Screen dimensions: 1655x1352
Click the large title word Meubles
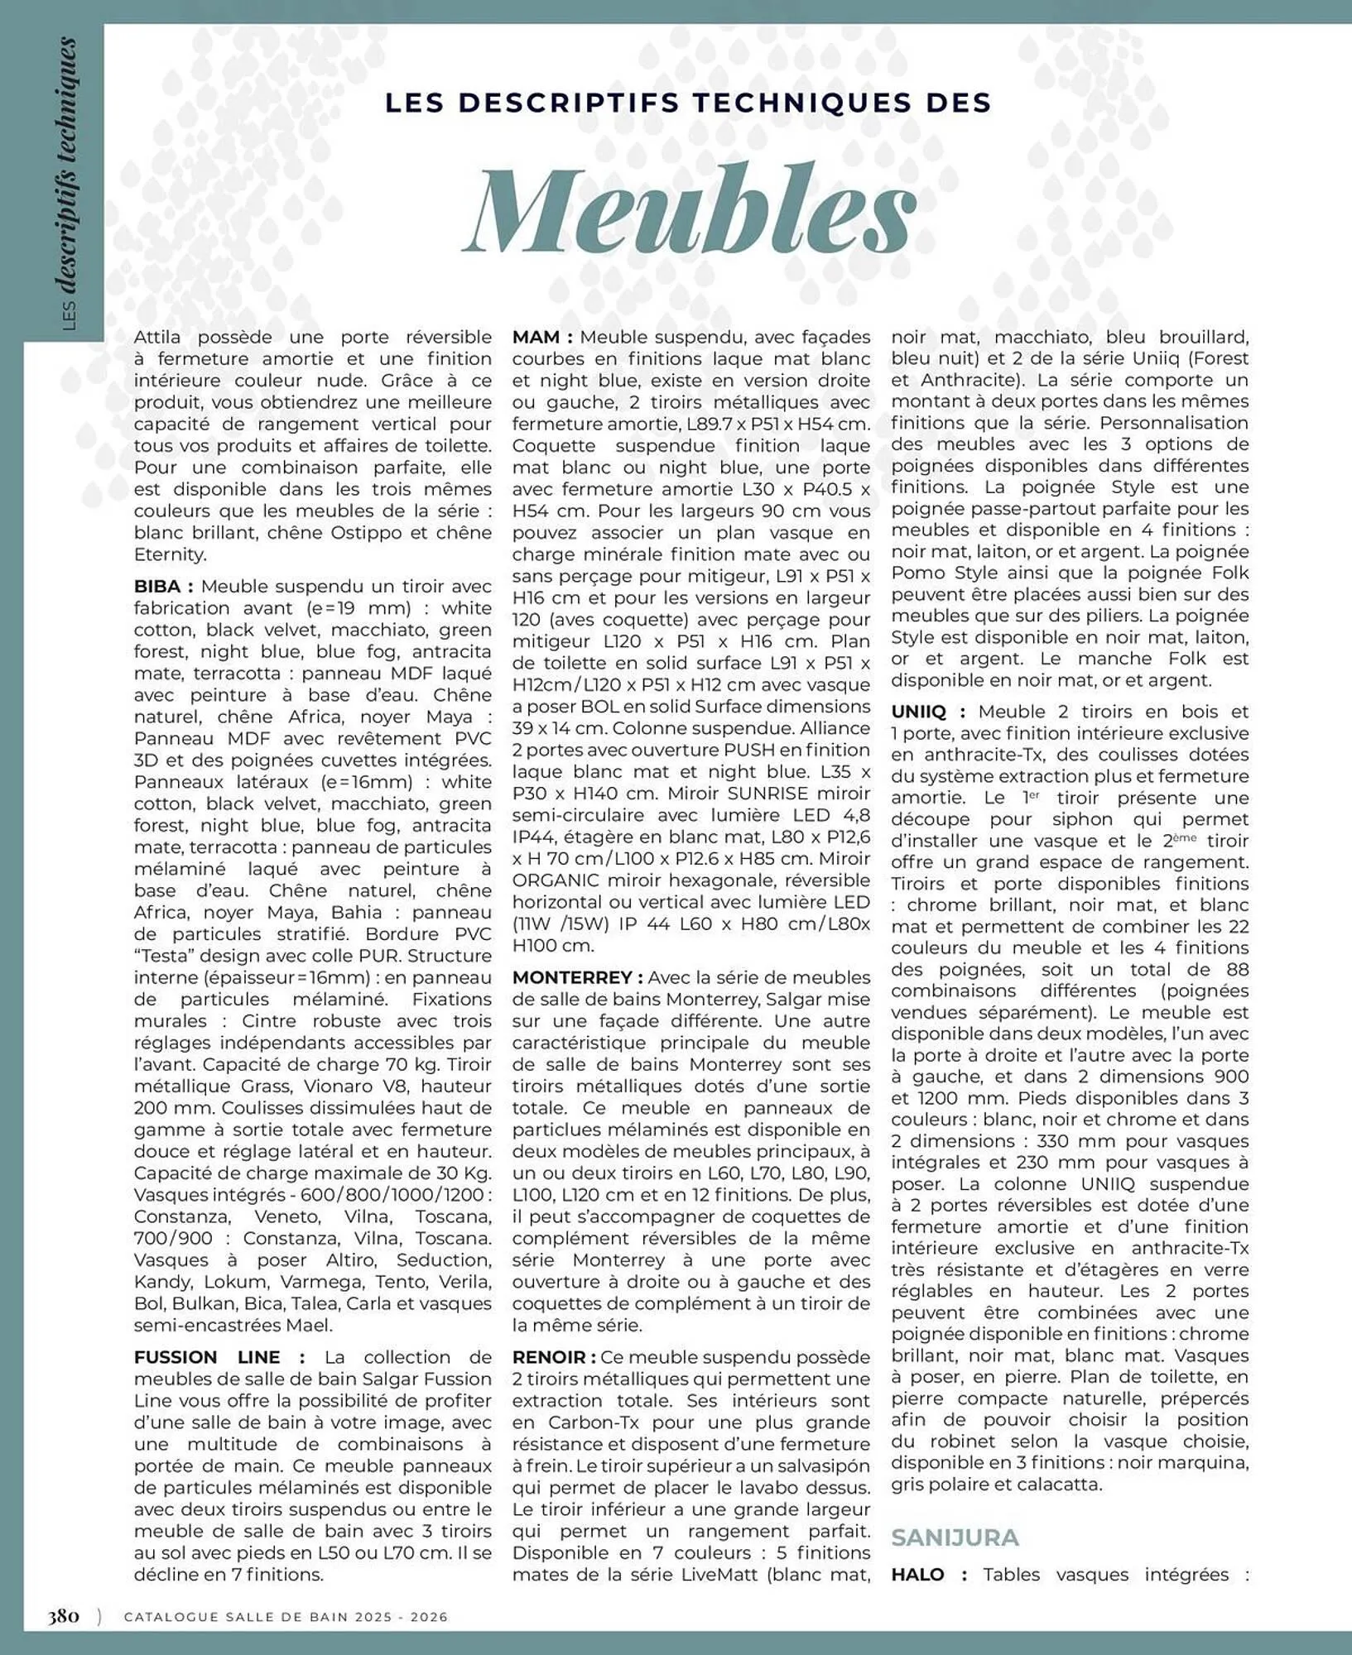[691, 209]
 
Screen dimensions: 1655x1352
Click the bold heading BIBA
[157, 586]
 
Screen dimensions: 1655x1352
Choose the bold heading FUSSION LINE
[207, 1357]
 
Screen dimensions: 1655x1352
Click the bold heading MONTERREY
[571, 977]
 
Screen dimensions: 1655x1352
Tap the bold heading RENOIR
[548, 1357]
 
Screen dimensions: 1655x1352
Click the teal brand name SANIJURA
[955, 1537]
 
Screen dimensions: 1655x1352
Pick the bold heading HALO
[917, 1574]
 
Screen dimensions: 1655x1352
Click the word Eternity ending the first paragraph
[170, 554]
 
